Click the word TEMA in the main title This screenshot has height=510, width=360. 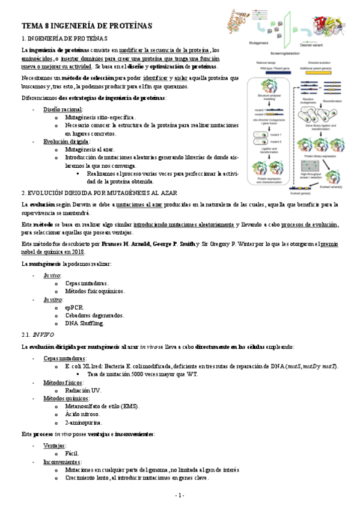33,25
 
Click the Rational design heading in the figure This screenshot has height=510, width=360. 265,61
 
